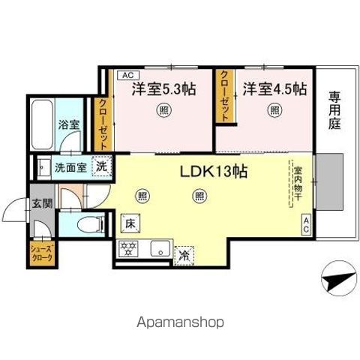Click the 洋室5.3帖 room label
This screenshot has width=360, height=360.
tap(164, 88)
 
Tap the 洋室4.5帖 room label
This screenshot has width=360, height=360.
tap(274, 88)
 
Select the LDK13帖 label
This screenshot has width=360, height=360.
tap(214, 170)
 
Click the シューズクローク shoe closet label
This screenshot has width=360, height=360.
tap(41, 251)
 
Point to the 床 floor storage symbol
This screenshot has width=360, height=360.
tap(128, 222)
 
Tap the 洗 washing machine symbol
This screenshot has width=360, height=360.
tap(99, 167)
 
